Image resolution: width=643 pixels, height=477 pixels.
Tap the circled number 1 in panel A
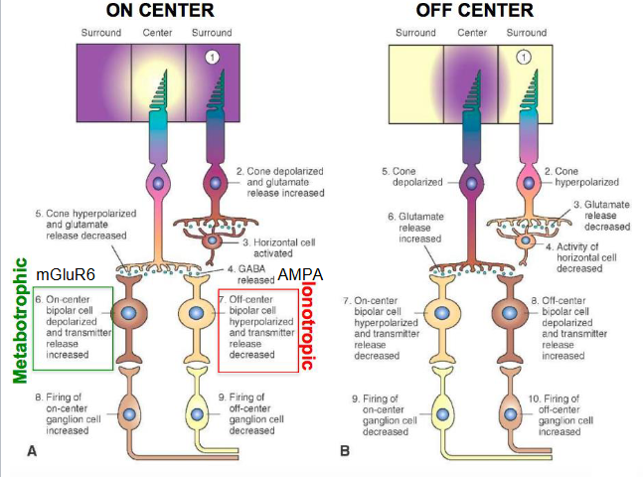tap(211, 58)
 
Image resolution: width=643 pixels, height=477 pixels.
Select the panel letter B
tap(345, 452)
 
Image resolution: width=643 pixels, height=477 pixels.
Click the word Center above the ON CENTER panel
tap(158, 33)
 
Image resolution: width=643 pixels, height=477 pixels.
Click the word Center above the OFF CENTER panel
tap(471, 33)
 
